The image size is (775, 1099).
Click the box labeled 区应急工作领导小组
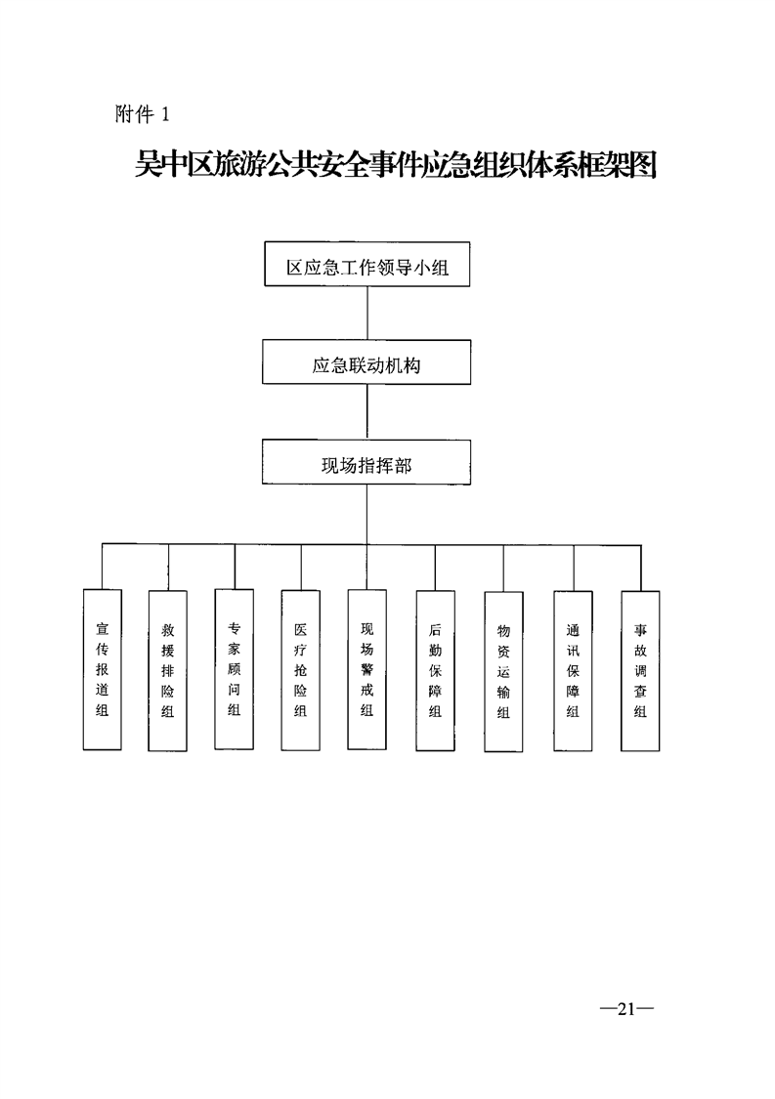click(366, 264)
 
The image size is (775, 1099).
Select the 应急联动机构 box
click(366, 364)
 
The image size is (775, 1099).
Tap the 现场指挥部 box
click(366, 462)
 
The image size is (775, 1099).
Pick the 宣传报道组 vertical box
click(102, 669)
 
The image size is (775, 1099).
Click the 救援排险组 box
click(167, 671)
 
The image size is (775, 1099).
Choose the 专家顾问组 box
click(235, 669)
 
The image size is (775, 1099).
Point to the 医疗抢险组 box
click(300, 671)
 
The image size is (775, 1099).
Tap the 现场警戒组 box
click(367, 670)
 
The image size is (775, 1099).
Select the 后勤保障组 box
click(435, 671)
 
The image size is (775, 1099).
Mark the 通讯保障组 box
click(573, 671)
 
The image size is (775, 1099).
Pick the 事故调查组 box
click(640, 671)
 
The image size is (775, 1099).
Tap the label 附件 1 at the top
click(143, 114)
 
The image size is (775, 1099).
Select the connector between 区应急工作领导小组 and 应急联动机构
click(366, 314)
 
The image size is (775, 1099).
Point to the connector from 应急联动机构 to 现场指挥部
click(366, 413)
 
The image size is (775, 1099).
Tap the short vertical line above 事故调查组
click(640, 567)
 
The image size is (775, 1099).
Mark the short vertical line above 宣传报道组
click(102, 567)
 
